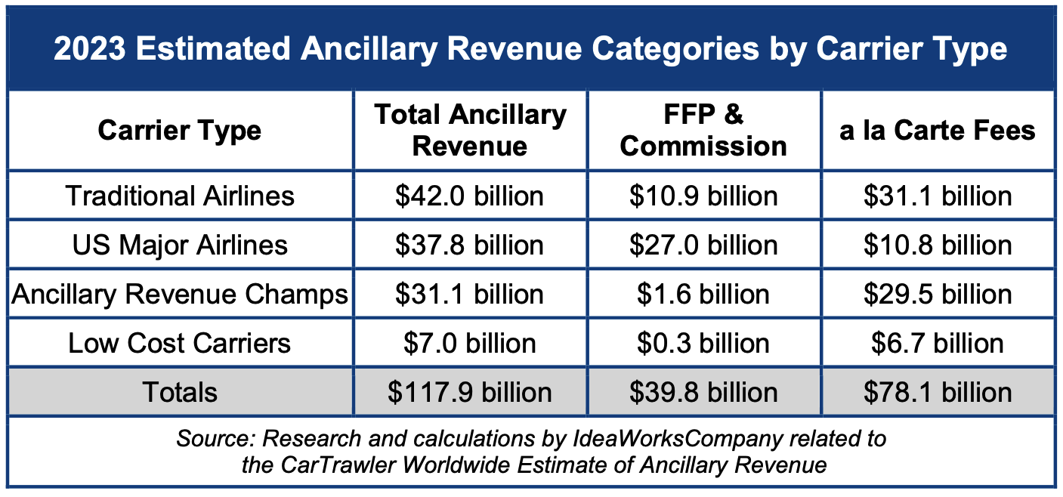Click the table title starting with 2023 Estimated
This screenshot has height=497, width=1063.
pos(530,49)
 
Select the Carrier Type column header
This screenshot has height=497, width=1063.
pos(180,131)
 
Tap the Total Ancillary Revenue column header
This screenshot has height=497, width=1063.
pos(470,130)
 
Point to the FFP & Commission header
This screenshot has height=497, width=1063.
pos(703,130)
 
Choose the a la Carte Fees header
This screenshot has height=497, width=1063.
pos(938,131)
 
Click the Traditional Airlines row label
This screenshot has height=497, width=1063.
pos(180,196)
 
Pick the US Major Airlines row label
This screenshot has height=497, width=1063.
pos(180,245)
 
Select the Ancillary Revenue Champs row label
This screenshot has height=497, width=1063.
pos(180,295)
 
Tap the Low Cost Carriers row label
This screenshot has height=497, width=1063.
pos(180,344)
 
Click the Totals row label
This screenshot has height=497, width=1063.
pos(180,393)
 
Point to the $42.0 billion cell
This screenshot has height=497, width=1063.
pos(470,196)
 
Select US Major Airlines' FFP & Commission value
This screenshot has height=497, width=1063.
pos(703,245)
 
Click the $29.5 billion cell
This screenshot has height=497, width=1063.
pos(938,295)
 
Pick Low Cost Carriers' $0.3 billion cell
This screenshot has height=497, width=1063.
pos(703,344)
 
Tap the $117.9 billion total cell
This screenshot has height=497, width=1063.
pos(470,393)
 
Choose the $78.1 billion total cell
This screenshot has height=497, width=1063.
pos(938,393)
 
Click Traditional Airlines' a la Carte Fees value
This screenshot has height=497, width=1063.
pos(938,196)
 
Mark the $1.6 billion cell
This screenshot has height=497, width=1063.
pos(703,295)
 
